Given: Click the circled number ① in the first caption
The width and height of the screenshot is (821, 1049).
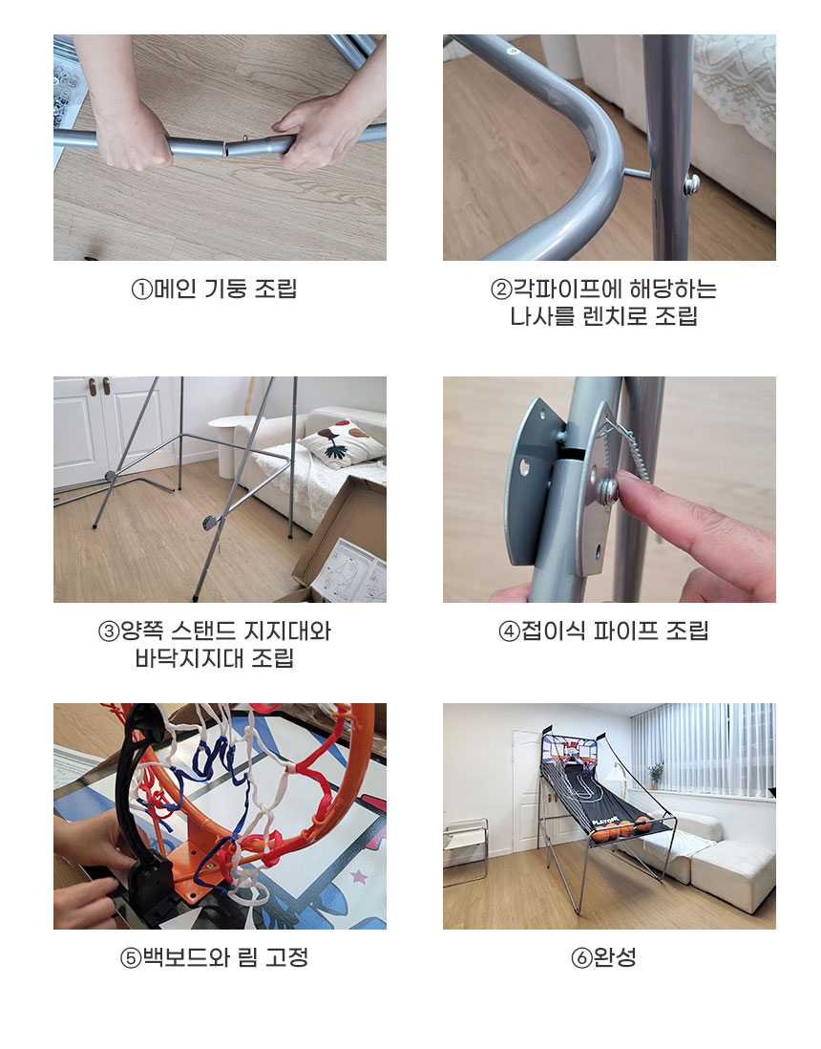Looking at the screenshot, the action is point(141,289).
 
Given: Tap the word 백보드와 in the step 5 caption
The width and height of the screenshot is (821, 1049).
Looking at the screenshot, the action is point(186,957).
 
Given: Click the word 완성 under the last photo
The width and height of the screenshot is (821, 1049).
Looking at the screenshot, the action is point(615,957).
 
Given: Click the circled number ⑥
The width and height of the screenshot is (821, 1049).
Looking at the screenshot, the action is point(581,958).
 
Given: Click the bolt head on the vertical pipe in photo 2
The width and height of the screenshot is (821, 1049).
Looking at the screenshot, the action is point(692,182).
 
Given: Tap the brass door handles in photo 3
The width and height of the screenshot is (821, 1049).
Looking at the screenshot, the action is point(99,386).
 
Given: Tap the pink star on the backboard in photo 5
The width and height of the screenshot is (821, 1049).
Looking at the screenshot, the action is point(360,876).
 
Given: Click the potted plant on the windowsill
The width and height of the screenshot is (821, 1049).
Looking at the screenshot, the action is point(656,776).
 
